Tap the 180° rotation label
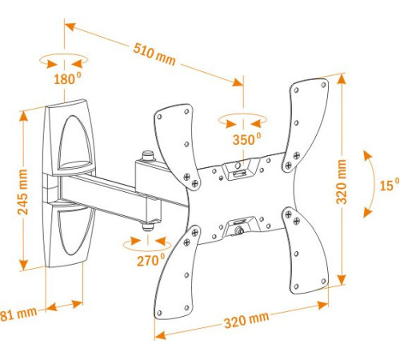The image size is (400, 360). [66, 79]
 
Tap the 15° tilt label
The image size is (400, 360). [389, 186]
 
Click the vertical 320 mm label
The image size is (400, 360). [342, 182]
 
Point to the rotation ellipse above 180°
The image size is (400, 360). [62, 61]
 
